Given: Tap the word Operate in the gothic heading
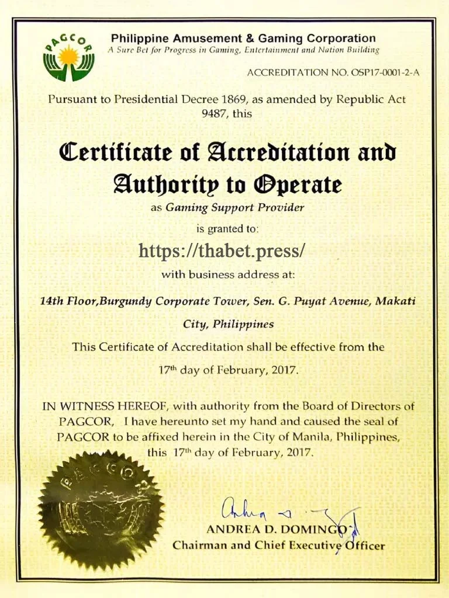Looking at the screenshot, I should point(297,185).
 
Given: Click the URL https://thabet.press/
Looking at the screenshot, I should point(222,251).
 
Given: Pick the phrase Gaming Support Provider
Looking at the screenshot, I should point(235,207).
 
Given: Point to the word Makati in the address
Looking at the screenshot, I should point(395,301).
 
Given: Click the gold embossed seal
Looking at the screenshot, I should point(101,510).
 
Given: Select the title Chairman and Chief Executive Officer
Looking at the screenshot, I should point(278,546).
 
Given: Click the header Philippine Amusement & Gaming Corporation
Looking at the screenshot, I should point(243,39).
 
